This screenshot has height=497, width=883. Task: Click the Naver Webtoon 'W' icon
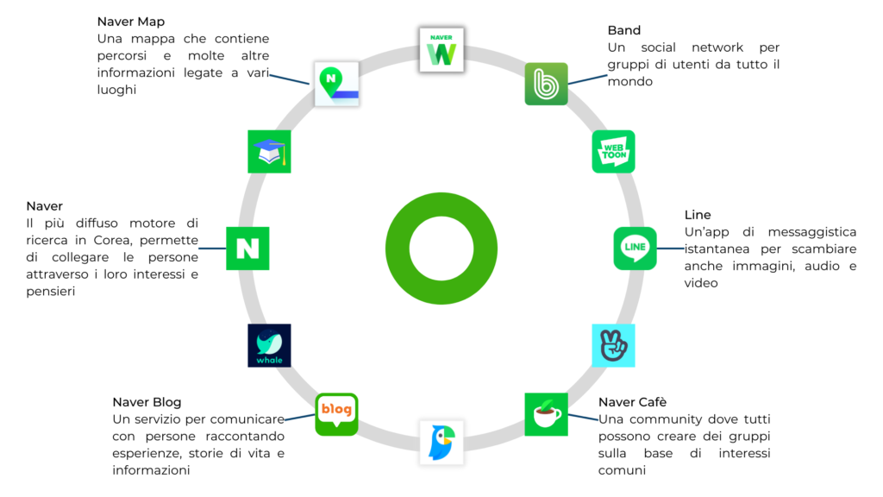[x=441, y=49]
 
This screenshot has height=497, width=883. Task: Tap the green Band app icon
[x=546, y=84]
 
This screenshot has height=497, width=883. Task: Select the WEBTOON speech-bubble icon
[x=613, y=152]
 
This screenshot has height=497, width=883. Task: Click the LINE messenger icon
[x=635, y=248]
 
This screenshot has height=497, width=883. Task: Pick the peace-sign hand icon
[x=613, y=345]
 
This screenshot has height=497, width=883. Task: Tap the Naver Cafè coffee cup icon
[x=546, y=414]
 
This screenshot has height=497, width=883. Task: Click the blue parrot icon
[x=441, y=442]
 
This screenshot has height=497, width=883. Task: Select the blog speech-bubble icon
[x=336, y=414]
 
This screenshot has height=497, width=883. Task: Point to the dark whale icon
[x=269, y=345]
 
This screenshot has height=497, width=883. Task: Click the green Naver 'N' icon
[x=247, y=248]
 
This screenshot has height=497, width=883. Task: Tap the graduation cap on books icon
[x=269, y=152]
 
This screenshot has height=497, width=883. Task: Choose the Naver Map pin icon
[x=336, y=84]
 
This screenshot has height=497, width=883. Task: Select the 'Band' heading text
[x=624, y=31]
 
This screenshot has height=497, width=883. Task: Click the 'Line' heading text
[x=698, y=215]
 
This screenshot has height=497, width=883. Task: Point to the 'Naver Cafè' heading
[x=632, y=402]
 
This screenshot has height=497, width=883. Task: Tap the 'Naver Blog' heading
[x=147, y=402]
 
